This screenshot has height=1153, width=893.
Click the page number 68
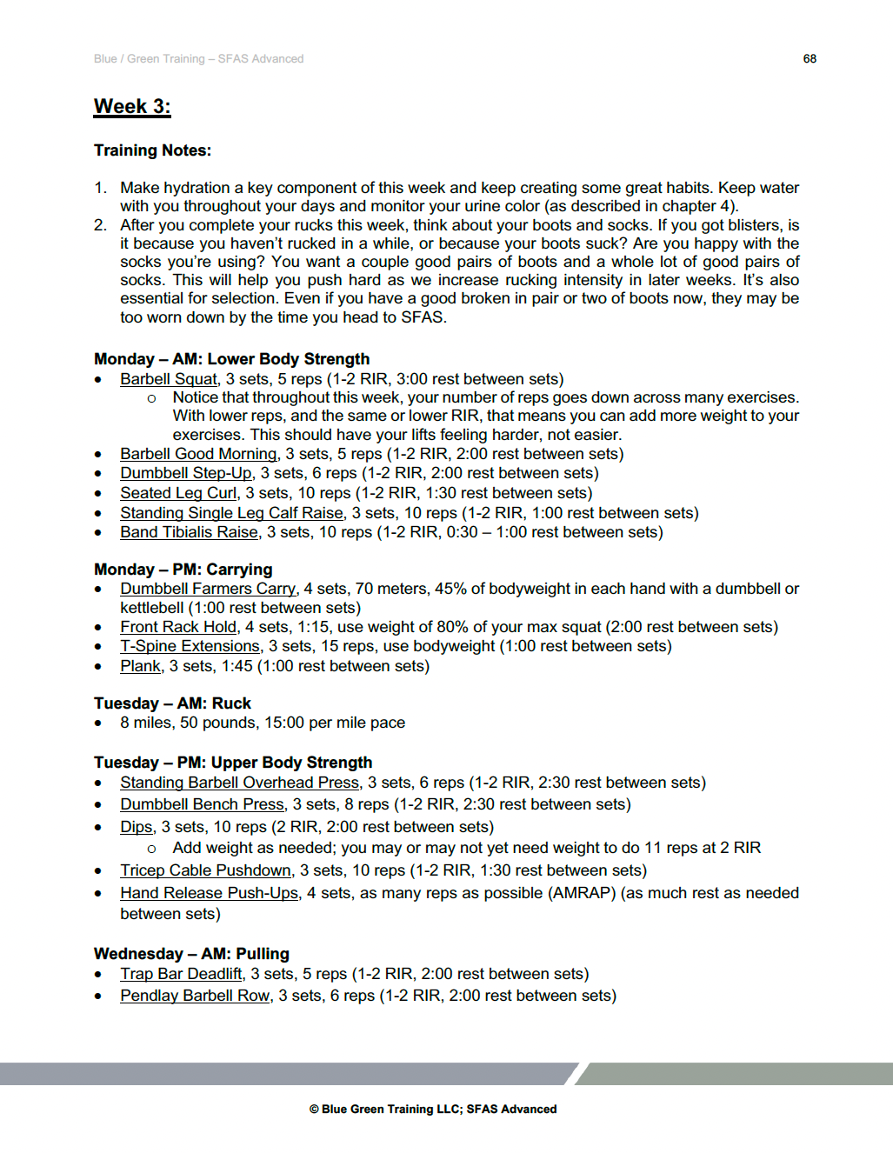(810, 58)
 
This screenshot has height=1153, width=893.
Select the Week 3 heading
(132, 106)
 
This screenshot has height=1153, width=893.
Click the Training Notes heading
(152, 150)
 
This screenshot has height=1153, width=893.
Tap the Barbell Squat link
(169, 379)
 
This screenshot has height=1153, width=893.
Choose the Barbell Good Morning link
(198, 454)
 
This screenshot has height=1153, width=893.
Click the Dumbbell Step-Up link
(186, 473)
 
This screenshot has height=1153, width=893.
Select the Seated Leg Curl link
(178, 493)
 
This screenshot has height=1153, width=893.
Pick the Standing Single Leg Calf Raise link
(232, 513)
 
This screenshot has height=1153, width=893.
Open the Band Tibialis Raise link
(189, 532)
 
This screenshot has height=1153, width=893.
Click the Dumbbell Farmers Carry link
(208, 589)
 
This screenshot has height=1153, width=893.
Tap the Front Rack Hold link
(178, 627)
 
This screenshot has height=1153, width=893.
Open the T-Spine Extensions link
(190, 646)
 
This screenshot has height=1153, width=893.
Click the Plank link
(140, 666)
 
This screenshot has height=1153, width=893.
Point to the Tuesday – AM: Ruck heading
(172, 703)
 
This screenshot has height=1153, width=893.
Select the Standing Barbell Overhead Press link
(239, 783)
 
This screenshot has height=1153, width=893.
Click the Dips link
(137, 827)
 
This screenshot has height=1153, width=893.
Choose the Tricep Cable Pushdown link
(205, 870)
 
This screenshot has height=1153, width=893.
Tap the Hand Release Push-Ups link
(209, 893)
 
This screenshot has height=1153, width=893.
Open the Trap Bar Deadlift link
(181, 974)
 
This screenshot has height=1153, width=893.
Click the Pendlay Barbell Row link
(195, 996)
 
